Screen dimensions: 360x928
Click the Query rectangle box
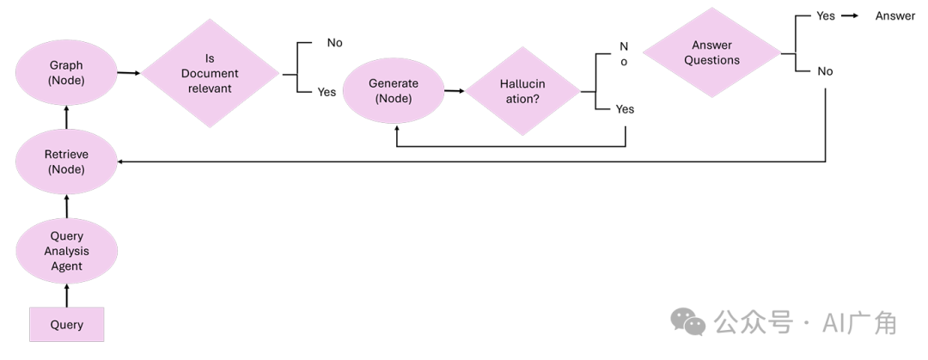click(67, 324)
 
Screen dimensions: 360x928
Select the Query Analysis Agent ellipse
click(67, 251)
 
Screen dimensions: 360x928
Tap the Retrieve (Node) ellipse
click(67, 162)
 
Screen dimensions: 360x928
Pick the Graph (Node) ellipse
click(67, 72)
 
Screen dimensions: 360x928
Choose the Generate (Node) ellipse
click(394, 91)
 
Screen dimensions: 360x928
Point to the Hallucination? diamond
click(523, 91)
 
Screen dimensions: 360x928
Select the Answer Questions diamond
click(711, 52)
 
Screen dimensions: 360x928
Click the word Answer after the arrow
click(894, 15)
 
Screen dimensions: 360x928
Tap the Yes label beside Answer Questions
click(825, 15)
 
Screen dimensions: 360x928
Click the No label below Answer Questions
click(825, 71)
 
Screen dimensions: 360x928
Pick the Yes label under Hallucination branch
click(625, 109)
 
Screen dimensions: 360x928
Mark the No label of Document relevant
click(334, 42)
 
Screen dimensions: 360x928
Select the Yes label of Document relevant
click(327, 92)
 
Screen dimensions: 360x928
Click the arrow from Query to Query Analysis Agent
click(67, 295)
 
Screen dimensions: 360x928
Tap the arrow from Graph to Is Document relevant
click(129, 73)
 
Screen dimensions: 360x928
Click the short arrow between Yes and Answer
click(852, 15)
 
